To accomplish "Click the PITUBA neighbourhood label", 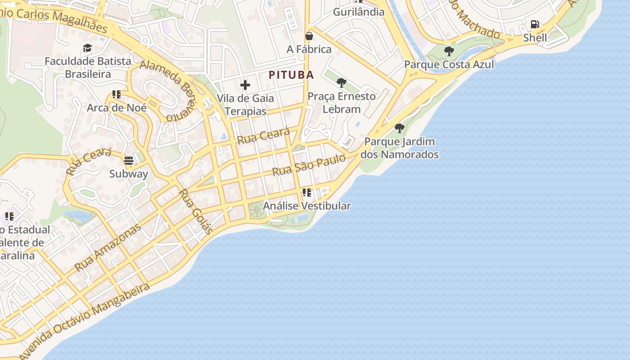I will [291, 75].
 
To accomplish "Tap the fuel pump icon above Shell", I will [535, 24].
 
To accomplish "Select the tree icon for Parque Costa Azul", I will [449, 51].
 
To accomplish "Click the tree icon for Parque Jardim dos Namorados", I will [399, 128].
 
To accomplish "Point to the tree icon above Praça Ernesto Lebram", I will [342, 83].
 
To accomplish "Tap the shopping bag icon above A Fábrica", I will [309, 36].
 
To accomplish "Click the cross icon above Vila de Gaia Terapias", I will [245, 85].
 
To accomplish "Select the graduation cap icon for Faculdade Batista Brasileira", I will [87, 48].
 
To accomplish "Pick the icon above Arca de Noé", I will [117, 94].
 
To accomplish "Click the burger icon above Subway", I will [129, 161].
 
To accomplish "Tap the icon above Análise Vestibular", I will [307, 193].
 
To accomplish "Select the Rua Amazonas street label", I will [108, 247].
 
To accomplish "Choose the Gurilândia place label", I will [359, 12].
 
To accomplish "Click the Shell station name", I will [535, 38].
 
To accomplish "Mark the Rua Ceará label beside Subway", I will [89, 161].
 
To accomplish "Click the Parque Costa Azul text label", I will [449, 64].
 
